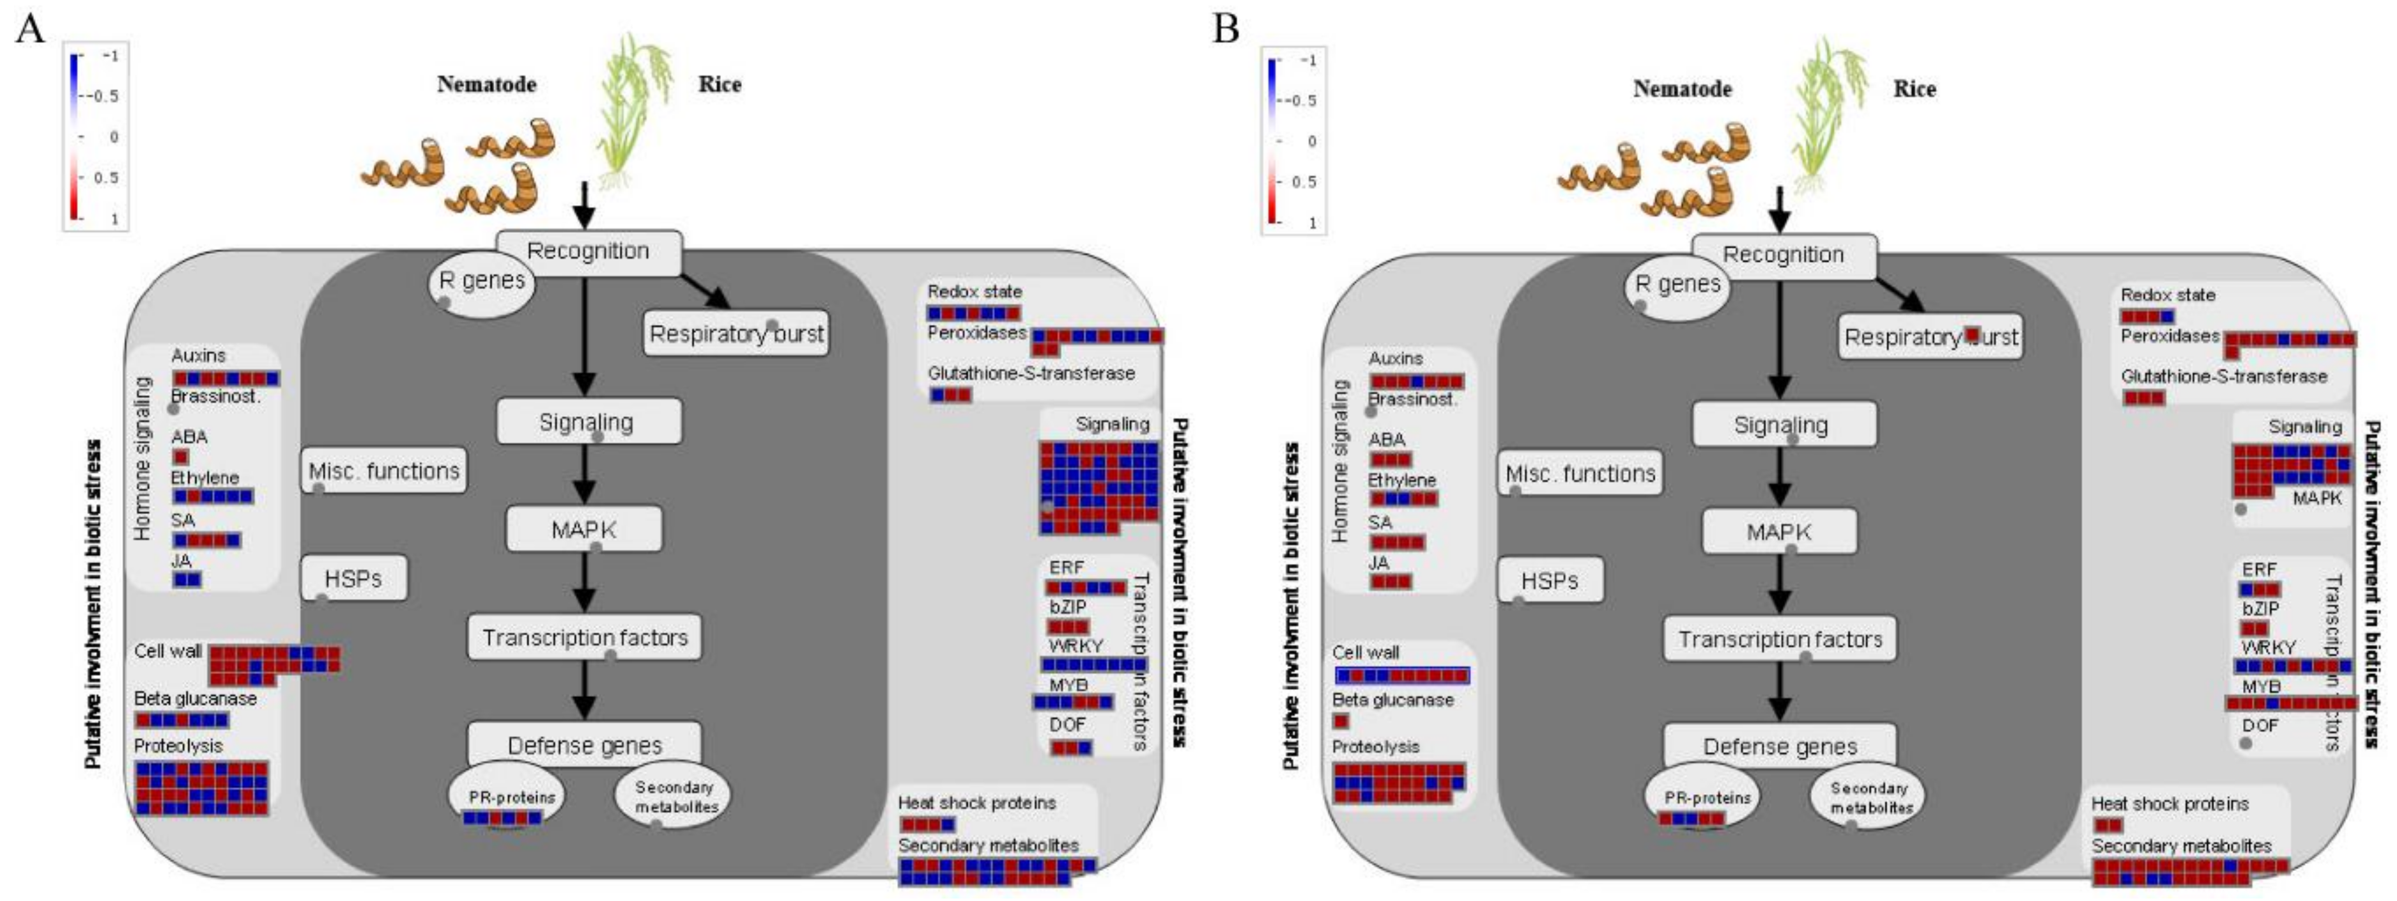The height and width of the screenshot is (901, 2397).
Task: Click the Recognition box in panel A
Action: (588, 251)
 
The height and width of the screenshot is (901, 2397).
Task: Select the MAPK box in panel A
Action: (583, 529)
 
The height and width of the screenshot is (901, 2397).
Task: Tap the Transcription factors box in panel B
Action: (1779, 639)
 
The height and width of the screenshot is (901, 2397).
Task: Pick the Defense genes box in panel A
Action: (584, 746)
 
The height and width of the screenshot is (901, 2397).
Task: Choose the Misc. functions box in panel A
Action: (383, 471)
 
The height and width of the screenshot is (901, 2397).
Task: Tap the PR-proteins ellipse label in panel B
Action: (1707, 797)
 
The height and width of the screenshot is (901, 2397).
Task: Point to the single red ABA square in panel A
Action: (180, 457)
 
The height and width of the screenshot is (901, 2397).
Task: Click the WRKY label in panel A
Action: (1075, 645)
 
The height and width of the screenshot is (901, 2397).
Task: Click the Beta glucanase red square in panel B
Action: (1341, 721)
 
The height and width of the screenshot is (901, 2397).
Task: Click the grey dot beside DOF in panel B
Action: (2246, 744)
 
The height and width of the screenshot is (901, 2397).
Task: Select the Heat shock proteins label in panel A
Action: (976, 803)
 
